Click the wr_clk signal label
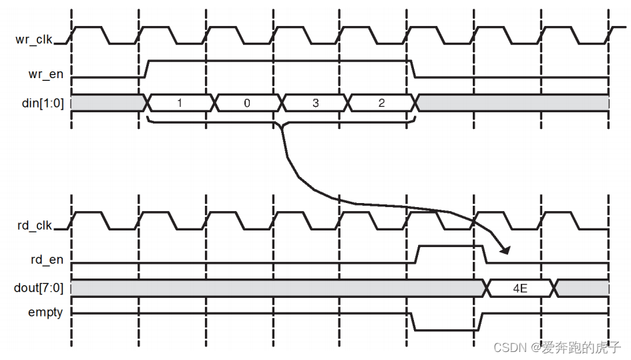tap(35, 39)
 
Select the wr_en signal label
tap(47, 74)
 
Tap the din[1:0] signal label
tap(42, 103)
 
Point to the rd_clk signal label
tap(35, 225)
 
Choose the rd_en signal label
tap(47, 260)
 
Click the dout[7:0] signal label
tap(39, 289)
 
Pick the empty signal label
tap(45, 312)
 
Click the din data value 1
tap(179, 103)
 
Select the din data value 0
tap(247, 103)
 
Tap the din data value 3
tap(314, 103)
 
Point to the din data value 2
tap(381, 103)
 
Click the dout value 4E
tap(521, 289)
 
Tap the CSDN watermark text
tap(557, 348)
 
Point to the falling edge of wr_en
tap(413, 69)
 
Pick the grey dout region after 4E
tap(583, 289)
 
